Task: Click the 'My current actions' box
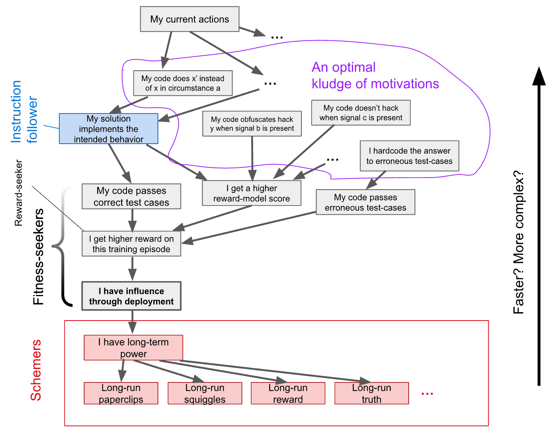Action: [190, 19]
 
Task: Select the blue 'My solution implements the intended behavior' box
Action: [109, 129]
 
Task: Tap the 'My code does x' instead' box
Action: [183, 83]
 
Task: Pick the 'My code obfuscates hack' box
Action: [252, 124]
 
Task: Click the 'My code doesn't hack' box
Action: [361, 113]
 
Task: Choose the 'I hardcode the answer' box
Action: [409, 156]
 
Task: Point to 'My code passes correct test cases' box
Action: [131, 196]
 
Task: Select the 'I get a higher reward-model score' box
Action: [252, 193]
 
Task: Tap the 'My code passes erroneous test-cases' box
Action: [365, 202]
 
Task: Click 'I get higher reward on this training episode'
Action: [131, 244]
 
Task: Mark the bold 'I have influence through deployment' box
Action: [131, 296]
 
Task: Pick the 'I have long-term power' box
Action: [133, 348]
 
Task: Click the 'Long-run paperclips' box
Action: [121, 393]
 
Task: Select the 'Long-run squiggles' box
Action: [205, 393]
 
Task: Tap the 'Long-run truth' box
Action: [371, 393]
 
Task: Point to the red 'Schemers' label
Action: [36, 370]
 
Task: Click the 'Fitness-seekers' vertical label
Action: [38, 257]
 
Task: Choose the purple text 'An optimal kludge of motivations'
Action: [375, 76]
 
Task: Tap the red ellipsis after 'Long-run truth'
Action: [427, 393]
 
